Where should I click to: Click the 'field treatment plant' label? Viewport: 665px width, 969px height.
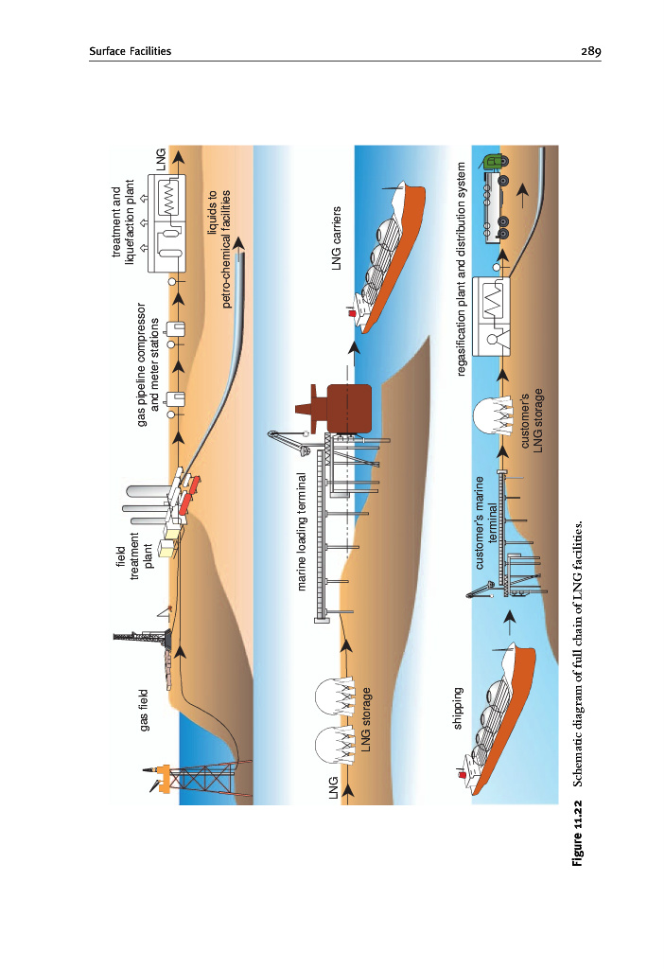[x=135, y=558]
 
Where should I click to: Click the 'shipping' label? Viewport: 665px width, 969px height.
[x=458, y=708]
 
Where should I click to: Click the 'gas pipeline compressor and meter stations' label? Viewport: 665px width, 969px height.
[x=149, y=364]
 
